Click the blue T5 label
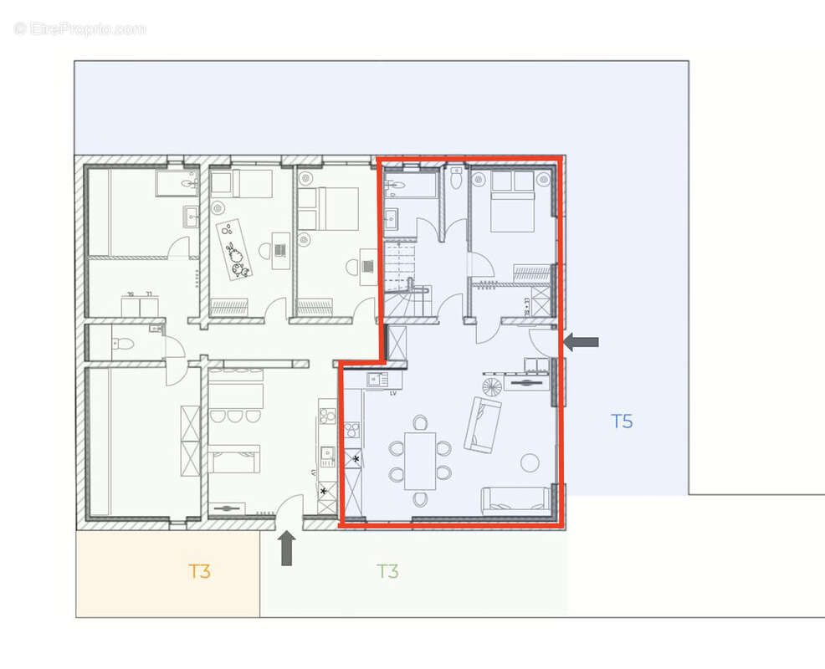click(621, 421)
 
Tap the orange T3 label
click(198, 571)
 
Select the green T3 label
click(387, 571)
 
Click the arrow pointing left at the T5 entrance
click(581, 341)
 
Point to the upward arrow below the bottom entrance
click(287, 549)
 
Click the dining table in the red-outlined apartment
click(420, 460)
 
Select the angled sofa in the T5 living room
click(483, 425)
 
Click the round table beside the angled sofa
click(530, 462)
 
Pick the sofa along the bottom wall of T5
click(515, 500)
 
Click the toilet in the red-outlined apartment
click(456, 178)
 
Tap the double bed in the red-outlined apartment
click(511, 202)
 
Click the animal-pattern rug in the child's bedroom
click(233, 249)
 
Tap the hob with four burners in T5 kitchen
click(352, 432)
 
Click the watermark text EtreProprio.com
click(79, 29)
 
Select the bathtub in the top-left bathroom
click(177, 182)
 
